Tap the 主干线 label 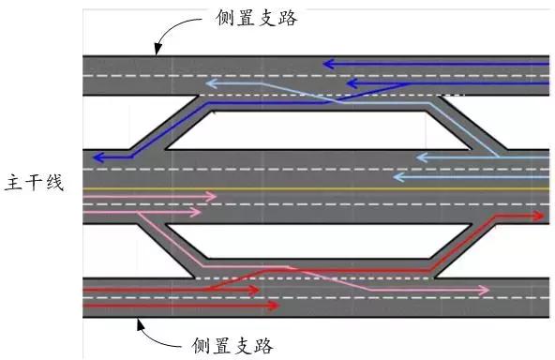coord(35,183)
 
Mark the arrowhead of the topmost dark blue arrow coord(326,65)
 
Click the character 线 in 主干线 coord(54,183)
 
